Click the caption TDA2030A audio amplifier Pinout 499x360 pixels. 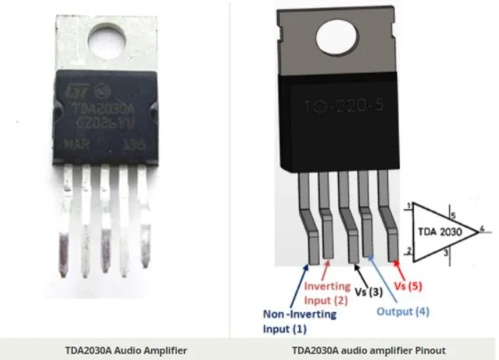coord(363,350)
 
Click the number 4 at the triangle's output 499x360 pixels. coord(483,229)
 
